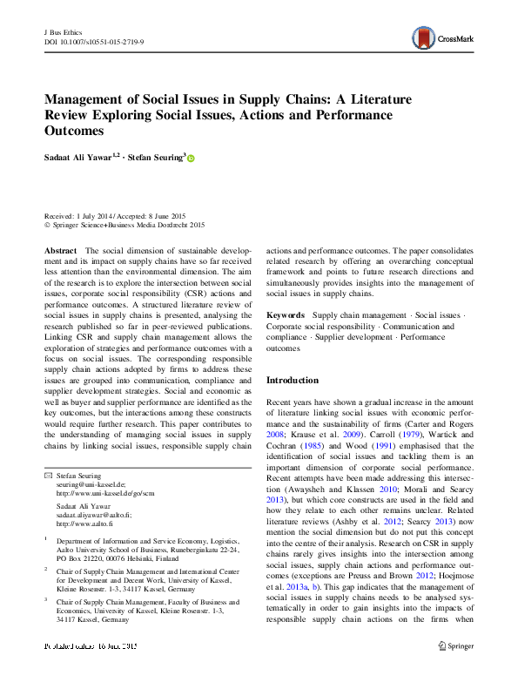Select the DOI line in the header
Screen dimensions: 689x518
coord(95,42)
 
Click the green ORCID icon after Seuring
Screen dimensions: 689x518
coord(215,159)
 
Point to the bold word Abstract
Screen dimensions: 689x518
coord(60,250)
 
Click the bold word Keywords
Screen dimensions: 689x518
coord(285,314)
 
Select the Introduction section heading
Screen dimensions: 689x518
coord(293,380)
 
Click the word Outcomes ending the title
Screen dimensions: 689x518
coord(74,131)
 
